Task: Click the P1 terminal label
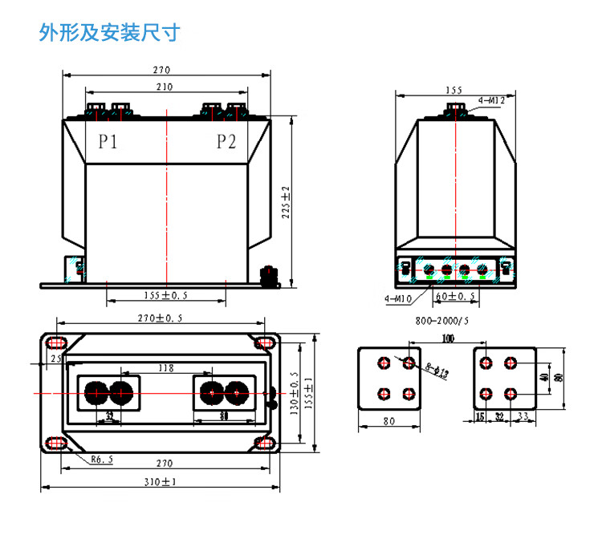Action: pos(108,142)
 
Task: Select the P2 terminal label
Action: pos(226,142)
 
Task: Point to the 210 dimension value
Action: pos(165,87)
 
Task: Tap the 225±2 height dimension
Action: pos(286,200)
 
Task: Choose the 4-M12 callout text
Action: pos(490,101)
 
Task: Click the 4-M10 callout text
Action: pos(399,299)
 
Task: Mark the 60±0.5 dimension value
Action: pos(455,296)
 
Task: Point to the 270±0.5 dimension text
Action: pos(161,318)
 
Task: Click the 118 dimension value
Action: pos(165,369)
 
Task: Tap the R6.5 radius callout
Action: pos(100,460)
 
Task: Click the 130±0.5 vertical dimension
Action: pos(294,394)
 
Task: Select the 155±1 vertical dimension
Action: pos(309,394)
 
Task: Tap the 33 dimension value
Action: pos(523,416)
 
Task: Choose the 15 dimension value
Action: pos(480,416)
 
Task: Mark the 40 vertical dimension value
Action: pos(546,377)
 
